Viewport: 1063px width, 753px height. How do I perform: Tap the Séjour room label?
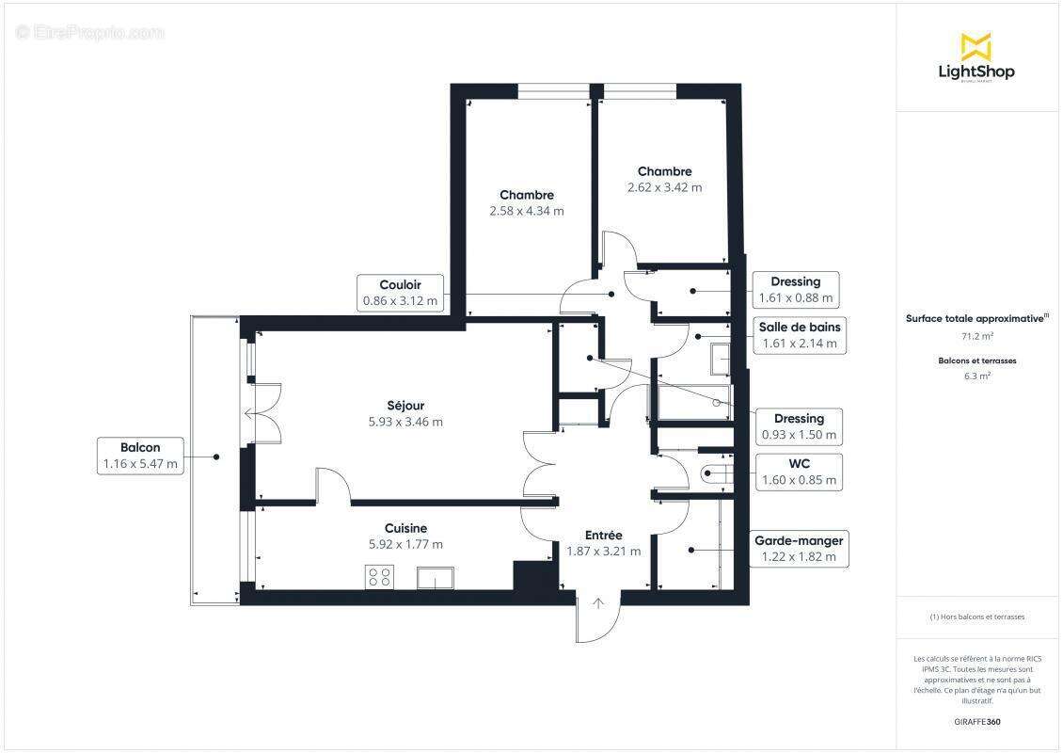click(405, 406)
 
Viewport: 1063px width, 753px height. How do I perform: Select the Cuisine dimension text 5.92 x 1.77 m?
click(405, 544)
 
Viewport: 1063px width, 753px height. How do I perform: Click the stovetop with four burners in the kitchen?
click(380, 577)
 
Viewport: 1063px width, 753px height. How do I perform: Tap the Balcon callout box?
click(140, 456)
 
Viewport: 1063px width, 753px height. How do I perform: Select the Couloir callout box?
click(400, 293)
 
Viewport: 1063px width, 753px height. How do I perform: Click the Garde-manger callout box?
click(799, 549)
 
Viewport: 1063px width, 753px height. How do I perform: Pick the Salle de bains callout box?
click(800, 335)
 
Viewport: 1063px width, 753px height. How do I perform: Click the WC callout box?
click(799, 472)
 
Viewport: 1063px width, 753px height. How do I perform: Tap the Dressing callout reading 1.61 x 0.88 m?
click(796, 290)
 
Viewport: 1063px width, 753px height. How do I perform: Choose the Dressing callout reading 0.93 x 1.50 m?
click(799, 426)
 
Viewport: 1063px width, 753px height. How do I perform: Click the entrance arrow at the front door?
click(598, 605)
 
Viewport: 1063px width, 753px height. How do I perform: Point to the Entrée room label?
click(603, 536)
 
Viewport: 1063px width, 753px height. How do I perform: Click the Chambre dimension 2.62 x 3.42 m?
click(664, 187)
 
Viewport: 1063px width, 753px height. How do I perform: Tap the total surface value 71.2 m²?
click(976, 336)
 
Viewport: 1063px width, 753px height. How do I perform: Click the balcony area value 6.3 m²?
click(976, 376)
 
